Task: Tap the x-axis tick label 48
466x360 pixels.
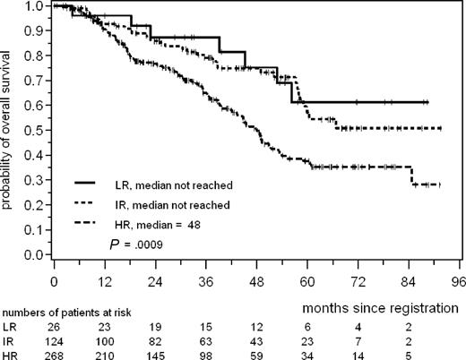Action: (x=257, y=279)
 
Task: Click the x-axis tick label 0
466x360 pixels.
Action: (x=55, y=279)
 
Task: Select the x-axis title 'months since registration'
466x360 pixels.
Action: (x=382, y=306)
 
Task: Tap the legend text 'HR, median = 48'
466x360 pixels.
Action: (x=166, y=224)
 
